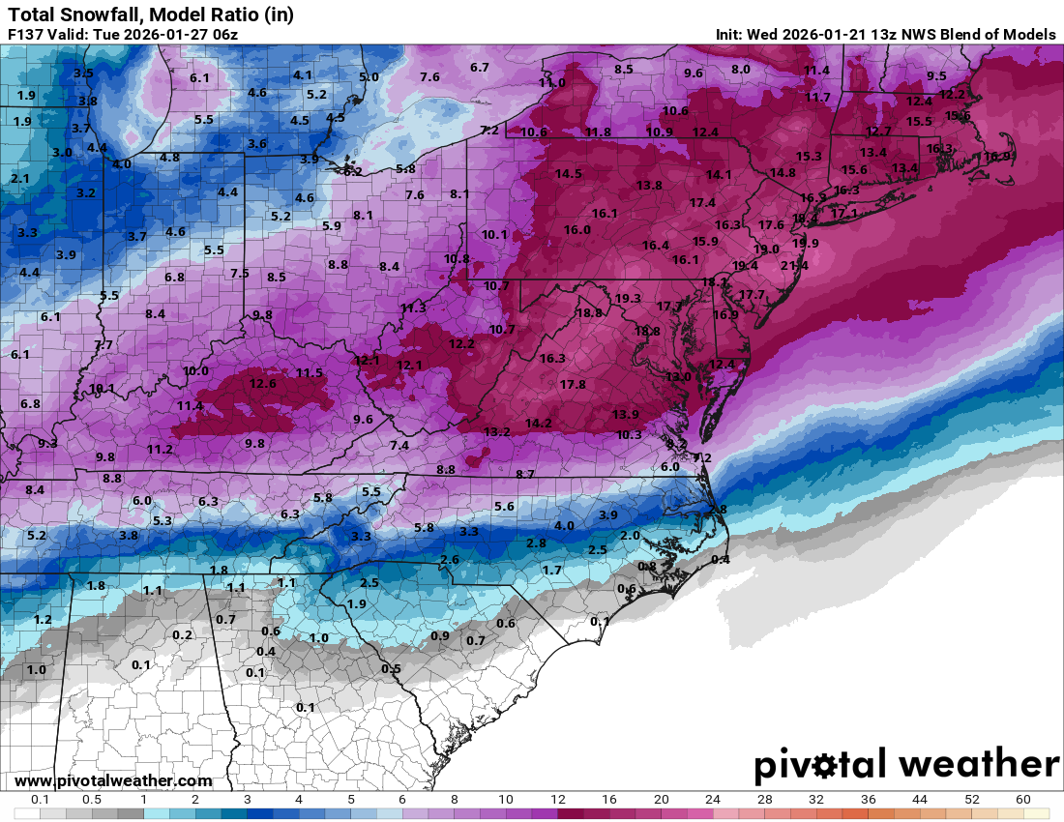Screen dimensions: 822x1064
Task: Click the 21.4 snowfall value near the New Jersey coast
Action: tap(794, 266)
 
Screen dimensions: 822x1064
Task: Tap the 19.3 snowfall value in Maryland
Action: tap(628, 299)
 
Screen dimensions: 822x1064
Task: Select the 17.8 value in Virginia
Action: tap(573, 385)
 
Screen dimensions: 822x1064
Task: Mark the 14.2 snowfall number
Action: tap(538, 424)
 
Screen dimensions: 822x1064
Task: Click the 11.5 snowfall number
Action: tap(310, 373)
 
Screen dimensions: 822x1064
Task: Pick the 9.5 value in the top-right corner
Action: tap(936, 76)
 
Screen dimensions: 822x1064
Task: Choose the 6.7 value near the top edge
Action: tap(480, 68)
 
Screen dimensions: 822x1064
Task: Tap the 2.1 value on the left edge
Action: tap(20, 179)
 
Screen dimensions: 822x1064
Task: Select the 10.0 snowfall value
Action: tap(195, 371)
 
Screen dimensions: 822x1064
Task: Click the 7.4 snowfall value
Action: tap(399, 446)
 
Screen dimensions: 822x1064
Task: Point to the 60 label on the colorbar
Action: tap(1023, 800)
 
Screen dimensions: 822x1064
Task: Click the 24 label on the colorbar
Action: tap(712, 800)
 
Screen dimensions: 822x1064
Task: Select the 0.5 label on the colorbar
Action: tap(92, 800)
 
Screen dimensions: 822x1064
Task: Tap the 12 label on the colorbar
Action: tap(557, 800)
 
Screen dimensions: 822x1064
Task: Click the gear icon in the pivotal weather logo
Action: tap(825, 767)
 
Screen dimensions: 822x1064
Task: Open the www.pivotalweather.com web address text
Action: tap(113, 780)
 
